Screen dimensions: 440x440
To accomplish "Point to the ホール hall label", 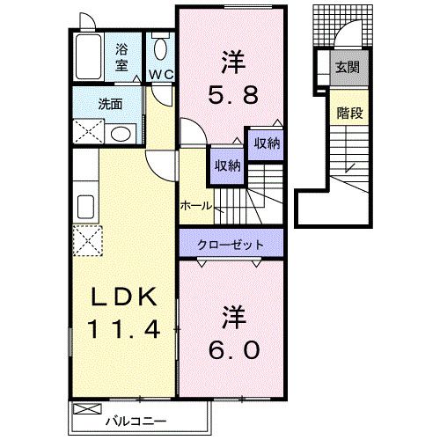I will coord(194,205).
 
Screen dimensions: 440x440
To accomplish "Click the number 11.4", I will coord(122,332).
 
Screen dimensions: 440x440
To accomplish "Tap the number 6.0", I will coord(234,350).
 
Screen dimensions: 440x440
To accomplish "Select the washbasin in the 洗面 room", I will coord(122,134).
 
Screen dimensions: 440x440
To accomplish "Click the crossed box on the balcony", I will coord(86,408).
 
